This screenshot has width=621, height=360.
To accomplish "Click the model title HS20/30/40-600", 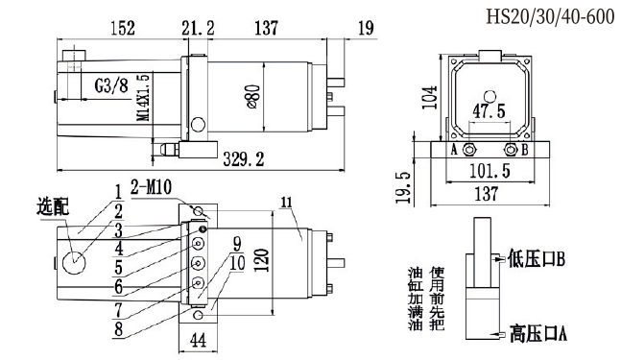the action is click(x=550, y=17).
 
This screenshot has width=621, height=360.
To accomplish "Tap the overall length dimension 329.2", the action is click(x=243, y=159).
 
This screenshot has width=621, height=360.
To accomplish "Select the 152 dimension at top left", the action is click(x=123, y=28).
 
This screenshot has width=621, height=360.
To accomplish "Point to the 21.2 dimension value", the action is click(x=198, y=28).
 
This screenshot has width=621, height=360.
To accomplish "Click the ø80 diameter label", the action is click(x=253, y=96).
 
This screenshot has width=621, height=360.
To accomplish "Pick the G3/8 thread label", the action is click(x=111, y=85).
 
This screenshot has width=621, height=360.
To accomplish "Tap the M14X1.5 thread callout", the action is click(x=145, y=97).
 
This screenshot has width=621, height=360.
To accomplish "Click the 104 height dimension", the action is click(x=430, y=97).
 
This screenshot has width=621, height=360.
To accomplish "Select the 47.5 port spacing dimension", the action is click(x=490, y=111).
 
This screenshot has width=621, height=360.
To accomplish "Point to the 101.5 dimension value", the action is click(x=490, y=172).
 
